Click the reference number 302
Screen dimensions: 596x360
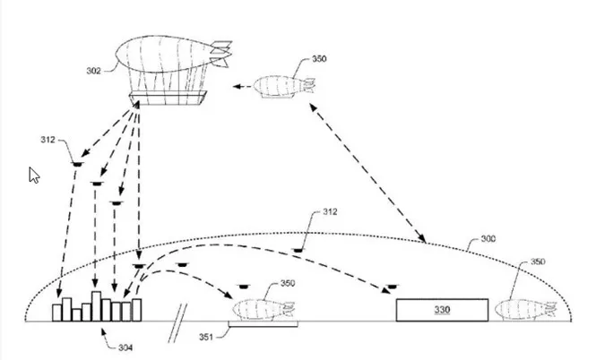click(93, 71)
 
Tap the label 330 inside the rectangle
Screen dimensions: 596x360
click(442, 310)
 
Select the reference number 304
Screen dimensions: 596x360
click(125, 347)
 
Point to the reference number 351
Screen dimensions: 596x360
click(206, 337)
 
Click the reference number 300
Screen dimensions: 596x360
click(488, 239)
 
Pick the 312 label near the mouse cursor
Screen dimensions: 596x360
click(48, 140)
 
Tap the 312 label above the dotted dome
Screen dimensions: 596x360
click(330, 211)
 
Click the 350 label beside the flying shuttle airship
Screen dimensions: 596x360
click(319, 59)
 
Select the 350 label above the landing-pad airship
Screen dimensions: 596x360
click(288, 283)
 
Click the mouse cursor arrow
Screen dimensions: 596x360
click(33, 175)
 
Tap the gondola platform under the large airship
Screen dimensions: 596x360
click(168, 98)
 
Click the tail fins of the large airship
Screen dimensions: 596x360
click(221, 54)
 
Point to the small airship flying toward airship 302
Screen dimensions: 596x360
click(284, 87)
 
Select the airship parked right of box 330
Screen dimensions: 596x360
click(526, 310)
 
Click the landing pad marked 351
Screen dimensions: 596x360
click(263, 324)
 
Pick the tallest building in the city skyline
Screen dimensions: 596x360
click(97, 306)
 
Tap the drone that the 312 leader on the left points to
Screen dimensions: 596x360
click(77, 164)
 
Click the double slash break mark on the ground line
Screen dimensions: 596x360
click(177, 323)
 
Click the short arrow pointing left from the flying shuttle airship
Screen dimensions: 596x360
click(242, 87)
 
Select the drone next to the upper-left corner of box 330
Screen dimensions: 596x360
click(392, 287)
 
